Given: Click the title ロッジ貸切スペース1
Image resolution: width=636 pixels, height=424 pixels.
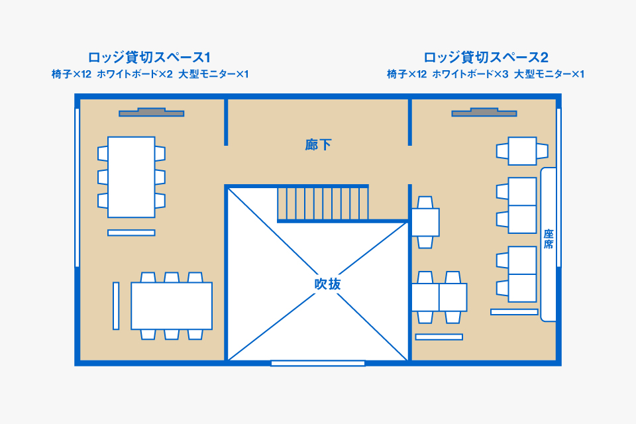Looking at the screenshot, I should (x=149, y=57).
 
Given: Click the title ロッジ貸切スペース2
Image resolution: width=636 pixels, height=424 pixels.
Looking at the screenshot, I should (x=486, y=57).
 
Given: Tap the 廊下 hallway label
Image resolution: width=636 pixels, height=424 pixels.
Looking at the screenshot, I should (x=318, y=145).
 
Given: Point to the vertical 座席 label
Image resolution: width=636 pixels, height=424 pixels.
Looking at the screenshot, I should (x=549, y=239).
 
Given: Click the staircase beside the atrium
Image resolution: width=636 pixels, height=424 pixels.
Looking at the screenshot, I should (x=322, y=203).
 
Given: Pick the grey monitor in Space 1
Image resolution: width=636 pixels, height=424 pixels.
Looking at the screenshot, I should (x=151, y=113).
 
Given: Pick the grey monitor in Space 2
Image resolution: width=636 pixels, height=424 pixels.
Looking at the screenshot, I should (x=484, y=113).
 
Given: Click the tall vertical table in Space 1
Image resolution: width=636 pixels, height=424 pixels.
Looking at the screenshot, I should (x=131, y=177).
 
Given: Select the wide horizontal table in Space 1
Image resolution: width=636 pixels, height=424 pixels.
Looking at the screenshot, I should (x=172, y=305).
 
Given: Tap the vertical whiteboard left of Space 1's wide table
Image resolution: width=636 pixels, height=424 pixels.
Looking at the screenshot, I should (x=116, y=305).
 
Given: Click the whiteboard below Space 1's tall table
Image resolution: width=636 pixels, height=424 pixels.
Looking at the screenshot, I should (x=131, y=233).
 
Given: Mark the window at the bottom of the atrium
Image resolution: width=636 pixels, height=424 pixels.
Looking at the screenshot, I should (x=318, y=363).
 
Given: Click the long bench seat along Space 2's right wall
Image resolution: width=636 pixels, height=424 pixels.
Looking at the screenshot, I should (x=549, y=244).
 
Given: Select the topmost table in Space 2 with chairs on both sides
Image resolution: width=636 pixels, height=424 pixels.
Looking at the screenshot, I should (x=522, y=151).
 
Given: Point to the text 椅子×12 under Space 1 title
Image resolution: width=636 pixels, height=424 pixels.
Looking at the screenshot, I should (x=71, y=74).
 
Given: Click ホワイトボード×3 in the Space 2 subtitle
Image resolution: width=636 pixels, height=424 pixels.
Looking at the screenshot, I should (x=470, y=74).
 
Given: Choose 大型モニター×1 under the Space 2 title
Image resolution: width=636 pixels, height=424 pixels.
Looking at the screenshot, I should (x=549, y=74).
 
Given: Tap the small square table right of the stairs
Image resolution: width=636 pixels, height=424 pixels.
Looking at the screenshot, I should (x=425, y=221).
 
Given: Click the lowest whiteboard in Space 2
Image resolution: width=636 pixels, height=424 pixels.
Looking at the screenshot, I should (x=439, y=337).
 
